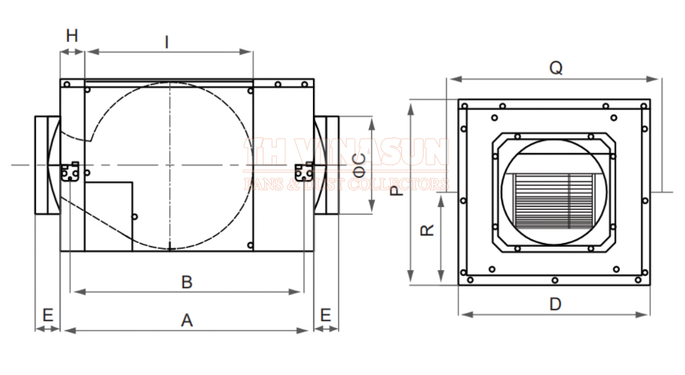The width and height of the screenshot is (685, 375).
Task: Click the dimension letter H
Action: click(x=72, y=35)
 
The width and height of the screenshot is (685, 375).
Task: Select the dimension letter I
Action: click(x=166, y=43)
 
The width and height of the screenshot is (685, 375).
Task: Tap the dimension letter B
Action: click(x=186, y=282)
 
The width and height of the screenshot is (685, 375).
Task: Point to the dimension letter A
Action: click(x=186, y=320)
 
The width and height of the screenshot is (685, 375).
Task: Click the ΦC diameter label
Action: click(x=360, y=165)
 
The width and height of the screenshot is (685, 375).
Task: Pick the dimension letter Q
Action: click(x=555, y=67)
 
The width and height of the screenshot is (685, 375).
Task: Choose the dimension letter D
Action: click(x=555, y=304)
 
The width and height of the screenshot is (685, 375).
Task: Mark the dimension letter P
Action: click(x=397, y=190)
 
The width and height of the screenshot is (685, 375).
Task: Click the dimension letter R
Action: click(x=427, y=230)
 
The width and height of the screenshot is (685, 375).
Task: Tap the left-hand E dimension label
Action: click(x=48, y=315)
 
